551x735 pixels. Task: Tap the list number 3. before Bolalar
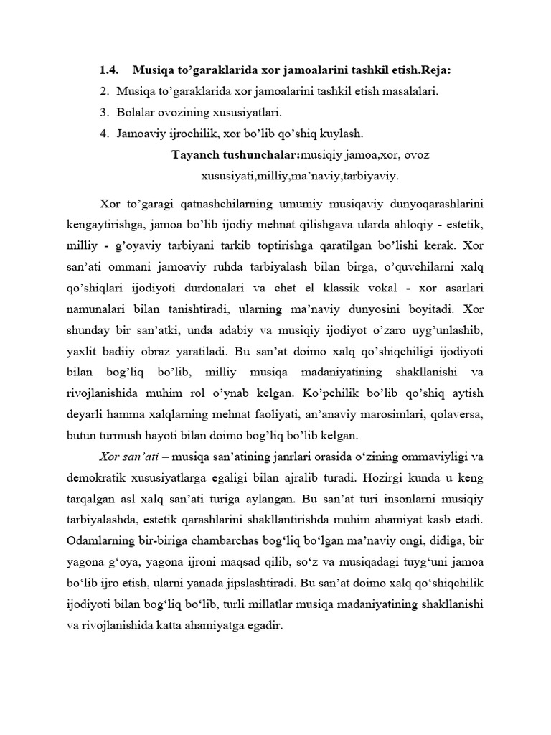coord(104,113)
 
